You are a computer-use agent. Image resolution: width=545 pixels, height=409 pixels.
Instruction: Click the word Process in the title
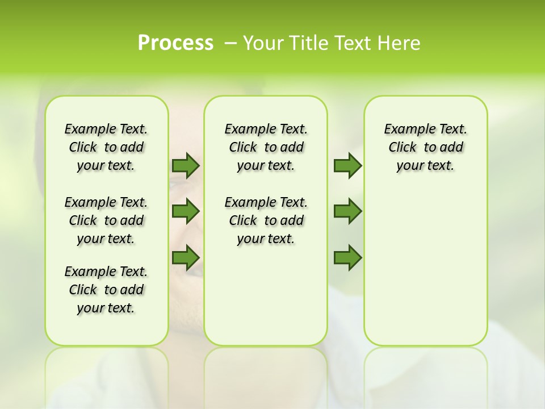pyautogui.click(x=175, y=43)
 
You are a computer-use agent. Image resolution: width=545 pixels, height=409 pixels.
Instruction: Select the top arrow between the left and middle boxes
pyautogui.click(x=186, y=165)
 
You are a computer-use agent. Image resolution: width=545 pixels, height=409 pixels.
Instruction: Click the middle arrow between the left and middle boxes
pyautogui.click(x=186, y=211)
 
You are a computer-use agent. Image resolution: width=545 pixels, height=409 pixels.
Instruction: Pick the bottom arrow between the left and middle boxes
pyautogui.click(x=186, y=258)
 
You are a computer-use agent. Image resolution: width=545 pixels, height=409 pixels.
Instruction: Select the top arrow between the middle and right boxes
pyautogui.click(x=347, y=165)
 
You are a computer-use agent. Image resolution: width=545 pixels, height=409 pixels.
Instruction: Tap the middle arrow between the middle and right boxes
pyautogui.click(x=347, y=211)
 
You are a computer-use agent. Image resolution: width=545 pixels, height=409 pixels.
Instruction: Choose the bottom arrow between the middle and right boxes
pyautogui.click(x=347, y=258)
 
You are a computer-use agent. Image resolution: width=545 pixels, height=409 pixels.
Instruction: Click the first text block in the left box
pyautogui.click(x=106, y=147)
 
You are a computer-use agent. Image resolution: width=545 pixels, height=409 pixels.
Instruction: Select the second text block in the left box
pyautogui.click(x=106, y=220)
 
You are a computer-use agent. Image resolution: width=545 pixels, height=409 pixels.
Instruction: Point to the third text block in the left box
pyautogui.click(x=106, y=290)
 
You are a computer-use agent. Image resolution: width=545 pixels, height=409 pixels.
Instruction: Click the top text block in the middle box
pyautogui.click(x=266, y=147)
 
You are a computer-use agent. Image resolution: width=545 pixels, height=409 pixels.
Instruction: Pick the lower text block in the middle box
pyautogui.click(x=266, y=220)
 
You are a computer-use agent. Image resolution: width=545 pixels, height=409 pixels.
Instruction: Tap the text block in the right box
pyautogui.click(x=425, y=147)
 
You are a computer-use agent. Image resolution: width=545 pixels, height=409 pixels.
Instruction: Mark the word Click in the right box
pyautogui.click(x=403, y=148)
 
